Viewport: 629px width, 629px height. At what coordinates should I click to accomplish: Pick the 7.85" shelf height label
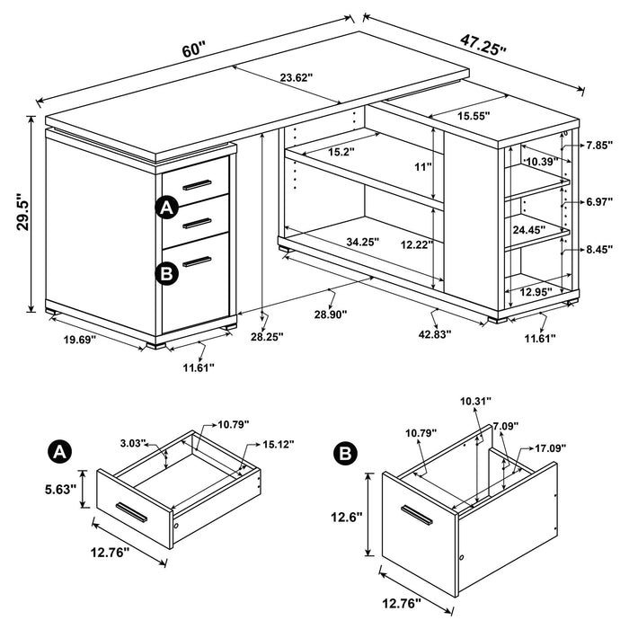click(597, 144)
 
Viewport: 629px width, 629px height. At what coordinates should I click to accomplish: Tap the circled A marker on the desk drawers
click(165, 208)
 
